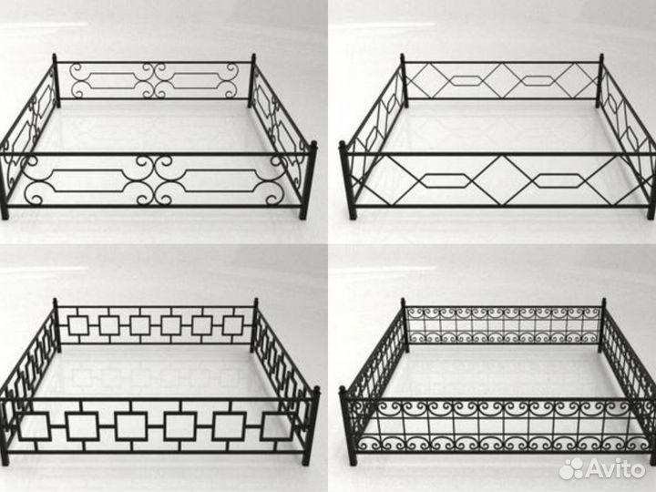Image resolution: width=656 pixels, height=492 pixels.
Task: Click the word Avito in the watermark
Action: click(616, 467)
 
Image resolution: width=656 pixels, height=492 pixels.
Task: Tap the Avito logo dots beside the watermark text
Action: click(572, 468)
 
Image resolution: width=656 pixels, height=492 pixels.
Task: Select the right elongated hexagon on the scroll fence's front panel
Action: click(220, 180)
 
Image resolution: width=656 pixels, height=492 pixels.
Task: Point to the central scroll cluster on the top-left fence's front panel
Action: click(155, 180)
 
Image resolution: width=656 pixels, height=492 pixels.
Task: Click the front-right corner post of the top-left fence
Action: click(309, 179)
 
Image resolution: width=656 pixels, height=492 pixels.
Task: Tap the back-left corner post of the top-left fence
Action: click(56, 81)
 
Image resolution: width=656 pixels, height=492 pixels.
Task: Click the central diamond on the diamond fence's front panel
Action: click(502, 180)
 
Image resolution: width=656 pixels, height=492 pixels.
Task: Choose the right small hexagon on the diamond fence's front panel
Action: click(558, 180)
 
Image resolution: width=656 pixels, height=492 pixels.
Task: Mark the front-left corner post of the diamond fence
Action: click(348, 179)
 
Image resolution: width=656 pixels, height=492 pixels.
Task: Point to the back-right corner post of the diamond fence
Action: click(600, 81)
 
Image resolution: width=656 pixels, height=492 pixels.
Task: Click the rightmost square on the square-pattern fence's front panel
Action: click(278, 426)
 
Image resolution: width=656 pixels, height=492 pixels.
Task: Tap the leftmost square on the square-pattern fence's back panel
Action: click(78, 325)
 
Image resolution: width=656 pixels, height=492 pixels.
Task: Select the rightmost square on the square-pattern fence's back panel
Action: click(233, 325)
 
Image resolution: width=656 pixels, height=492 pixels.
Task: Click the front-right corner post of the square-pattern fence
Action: click(311, 425)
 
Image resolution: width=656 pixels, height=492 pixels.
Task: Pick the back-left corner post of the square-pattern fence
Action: click(56, 325)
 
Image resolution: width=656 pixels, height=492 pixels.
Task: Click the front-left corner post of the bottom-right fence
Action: click(348, 425)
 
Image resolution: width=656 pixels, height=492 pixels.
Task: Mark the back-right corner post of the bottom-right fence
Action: click(603, 325)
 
